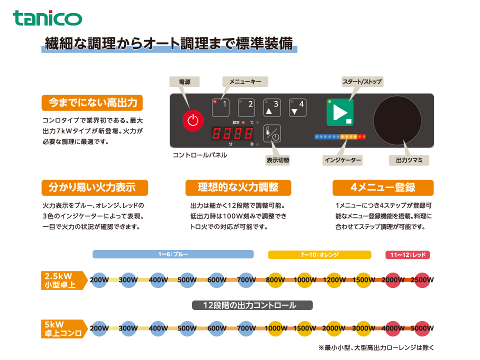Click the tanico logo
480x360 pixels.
coord(47,18)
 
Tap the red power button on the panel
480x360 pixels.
coord(193,120)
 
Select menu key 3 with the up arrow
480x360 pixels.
coord(272,107)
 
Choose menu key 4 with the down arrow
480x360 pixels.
coord(297,107)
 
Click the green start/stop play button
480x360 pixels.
coord(340,112)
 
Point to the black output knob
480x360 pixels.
coord(397,120)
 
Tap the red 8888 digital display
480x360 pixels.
coord(232,133)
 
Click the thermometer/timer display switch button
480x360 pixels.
coord(272,133)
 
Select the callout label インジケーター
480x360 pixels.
coord(342,160)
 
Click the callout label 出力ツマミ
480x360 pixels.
coord(409,160)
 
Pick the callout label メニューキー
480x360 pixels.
coord(245,81)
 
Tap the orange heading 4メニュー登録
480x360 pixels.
coord(383,187)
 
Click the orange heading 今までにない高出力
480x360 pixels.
coord(92,102)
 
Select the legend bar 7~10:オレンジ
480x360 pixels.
coord(319,254)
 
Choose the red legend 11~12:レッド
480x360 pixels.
coord(407,254)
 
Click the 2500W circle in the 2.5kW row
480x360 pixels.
coord(422,280)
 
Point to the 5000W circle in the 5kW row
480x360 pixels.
coord(422,328)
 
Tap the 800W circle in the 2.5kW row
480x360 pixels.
coord(275,280)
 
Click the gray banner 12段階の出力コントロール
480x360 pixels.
coord(252,305)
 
